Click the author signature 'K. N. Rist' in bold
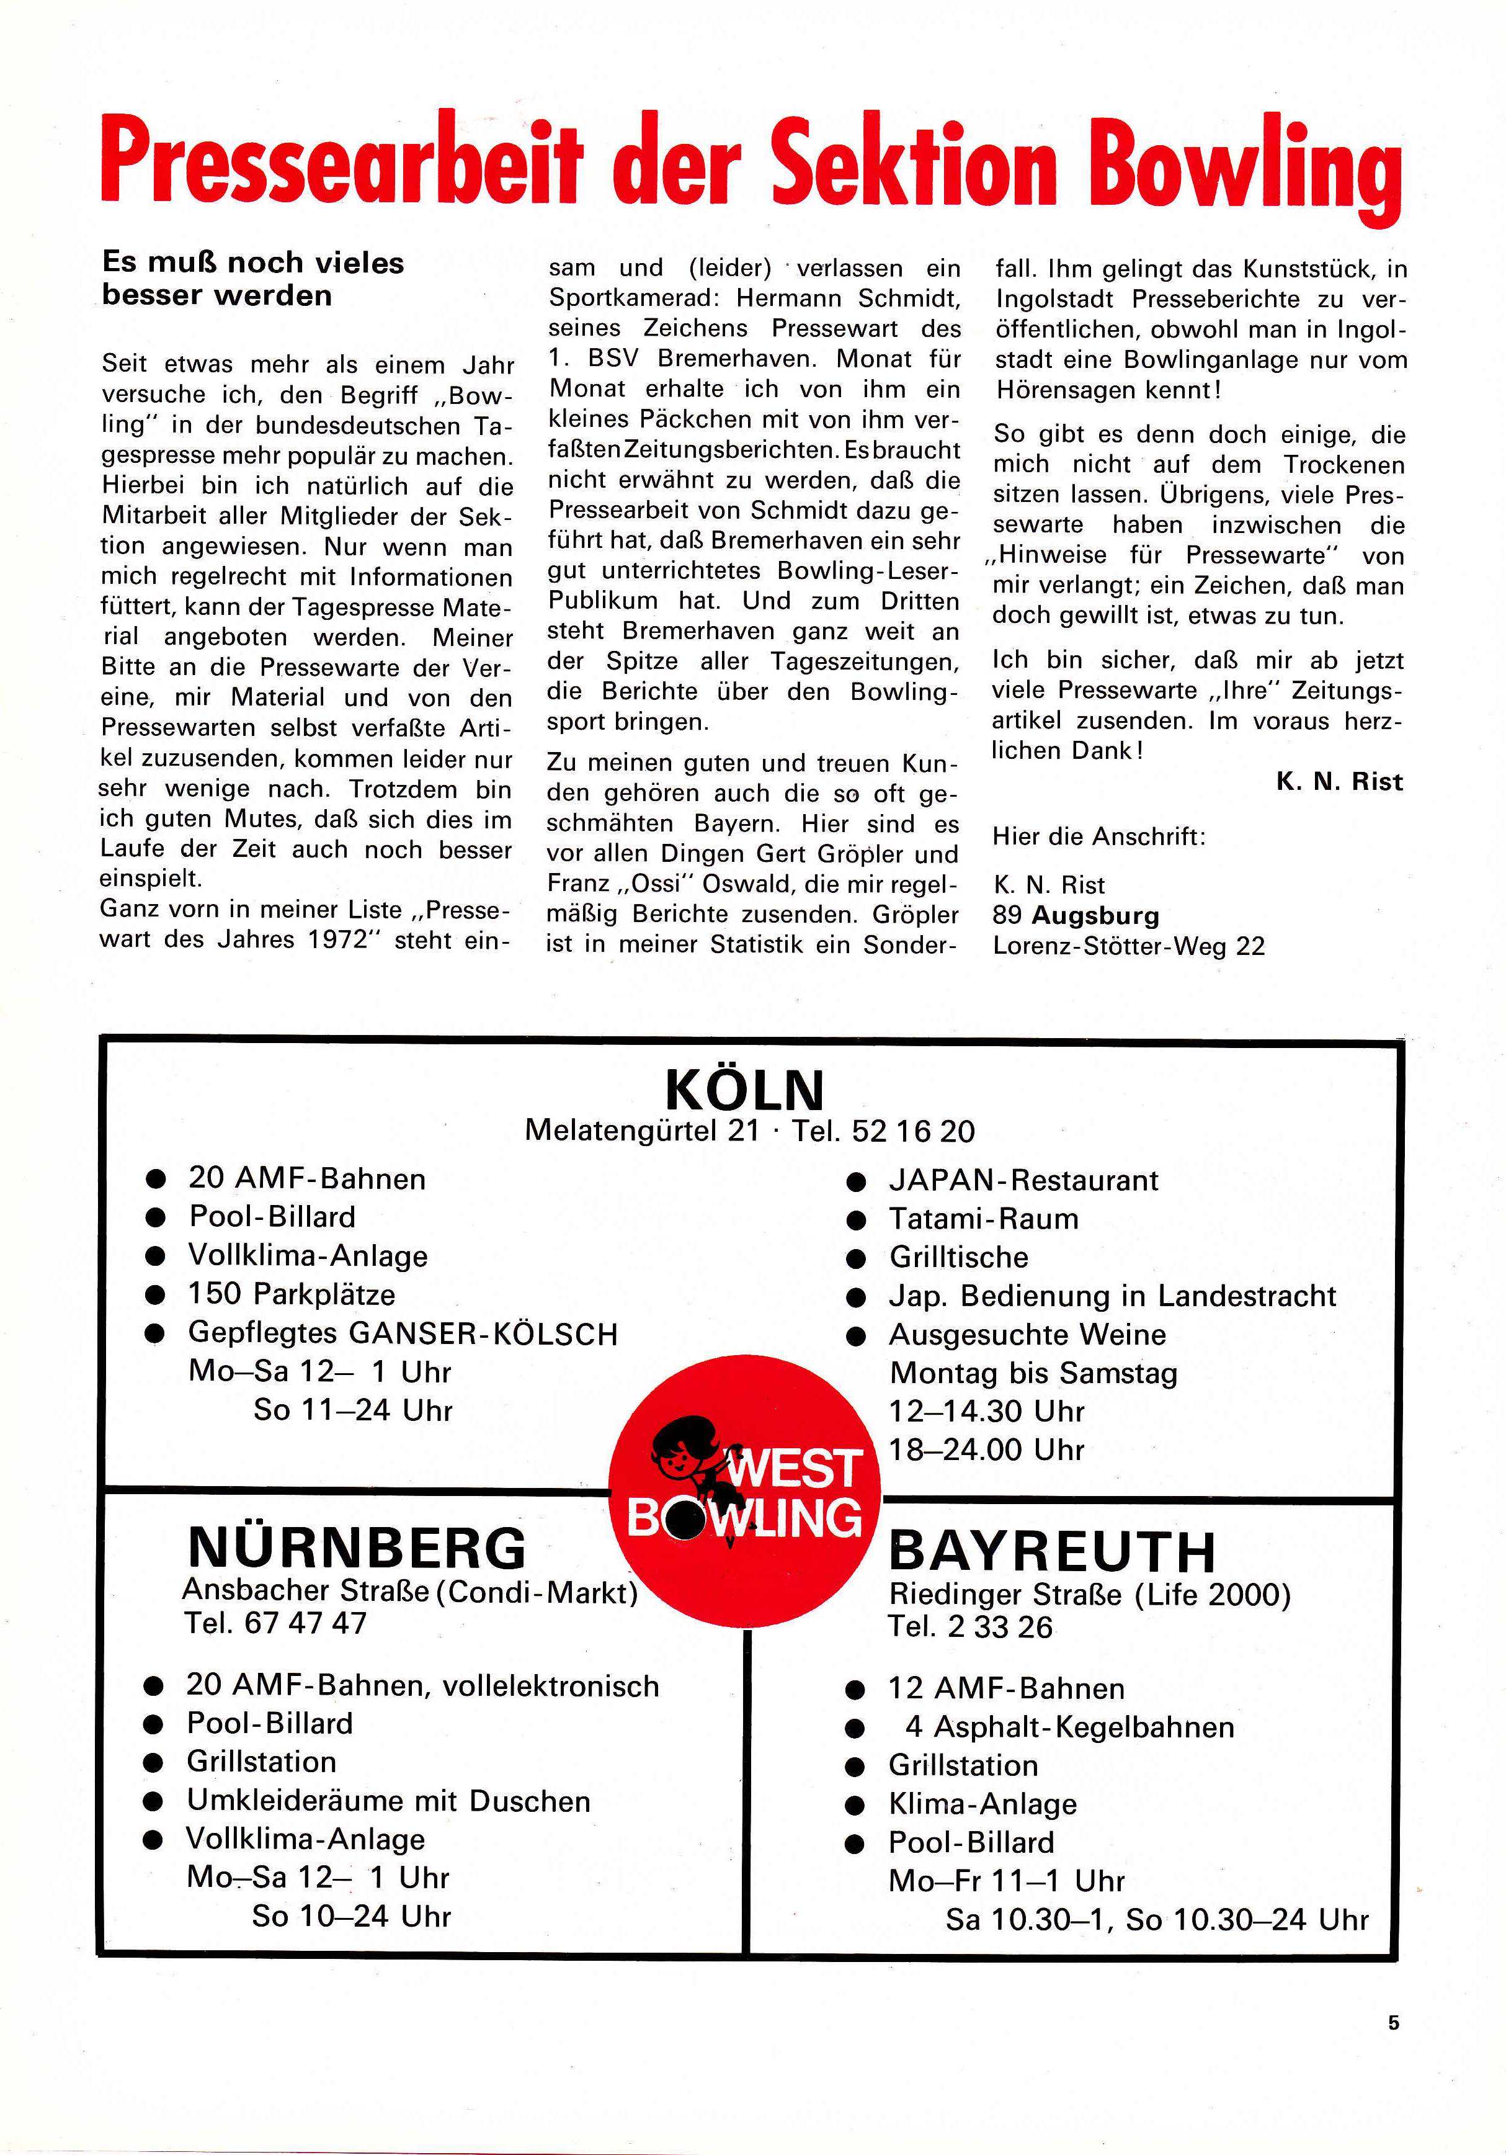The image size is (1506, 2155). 1339,781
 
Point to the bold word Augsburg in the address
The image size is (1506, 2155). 1095,915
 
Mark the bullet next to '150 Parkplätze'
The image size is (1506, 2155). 156,1295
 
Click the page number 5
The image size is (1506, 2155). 1393,2023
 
